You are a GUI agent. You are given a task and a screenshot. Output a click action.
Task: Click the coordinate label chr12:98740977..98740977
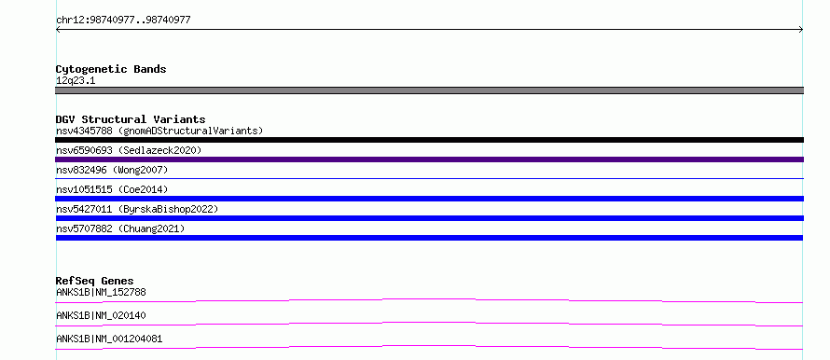[x=123, y=21]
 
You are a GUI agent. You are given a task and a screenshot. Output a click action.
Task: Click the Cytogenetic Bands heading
[x=111, y=69]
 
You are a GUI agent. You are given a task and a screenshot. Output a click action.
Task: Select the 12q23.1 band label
[x=76, y=81]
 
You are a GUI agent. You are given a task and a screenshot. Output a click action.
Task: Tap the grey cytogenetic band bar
[x=429, y=90]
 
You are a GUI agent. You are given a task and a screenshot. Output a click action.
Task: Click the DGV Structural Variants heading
[x=131, y=119]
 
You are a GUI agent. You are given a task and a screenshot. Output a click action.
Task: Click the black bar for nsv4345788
[x=429, y=140]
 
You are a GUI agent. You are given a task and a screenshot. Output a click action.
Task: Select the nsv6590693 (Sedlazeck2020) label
[x=129, y=150]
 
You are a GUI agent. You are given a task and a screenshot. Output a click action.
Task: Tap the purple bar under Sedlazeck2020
[x=429, y=159]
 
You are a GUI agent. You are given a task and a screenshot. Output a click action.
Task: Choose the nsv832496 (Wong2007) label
[x=112, y=170]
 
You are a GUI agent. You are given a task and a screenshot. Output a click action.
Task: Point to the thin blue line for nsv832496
[x=429, y=178]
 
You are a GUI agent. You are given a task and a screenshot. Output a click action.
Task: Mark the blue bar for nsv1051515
[x=429, y=199]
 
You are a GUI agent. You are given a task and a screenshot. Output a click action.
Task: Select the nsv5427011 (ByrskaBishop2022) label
[x=137, y=209]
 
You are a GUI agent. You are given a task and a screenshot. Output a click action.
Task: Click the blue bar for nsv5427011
[x=429, y=218]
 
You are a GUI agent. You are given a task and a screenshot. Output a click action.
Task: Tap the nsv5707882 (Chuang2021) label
[x=120, y=228]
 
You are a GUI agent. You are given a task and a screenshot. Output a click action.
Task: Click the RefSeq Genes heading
[x=95, y=281]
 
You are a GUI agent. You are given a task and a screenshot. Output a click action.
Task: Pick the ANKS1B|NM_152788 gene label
[x=101, y=292]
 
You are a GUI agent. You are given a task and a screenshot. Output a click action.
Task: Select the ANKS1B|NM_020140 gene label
[x=101, y=315]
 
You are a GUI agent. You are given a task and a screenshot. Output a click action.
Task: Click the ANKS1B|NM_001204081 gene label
[x=109, y=339]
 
